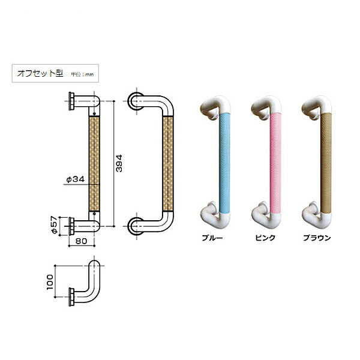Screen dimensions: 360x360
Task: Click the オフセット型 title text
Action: point(38,74)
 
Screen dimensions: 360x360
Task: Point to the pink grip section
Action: point(276,162)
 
